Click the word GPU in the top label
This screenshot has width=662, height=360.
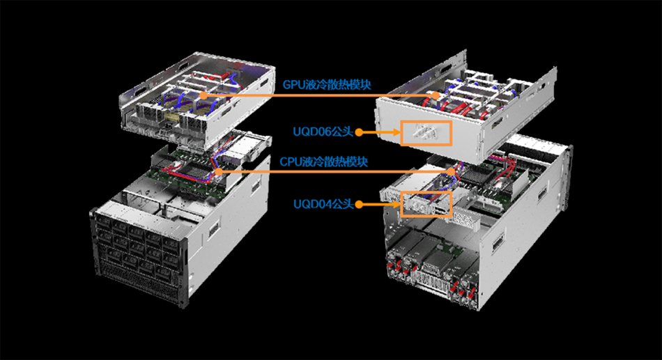coord(293,85)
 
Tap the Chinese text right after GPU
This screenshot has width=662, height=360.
coord(338,84)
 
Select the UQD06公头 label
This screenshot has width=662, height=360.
coord(323,132)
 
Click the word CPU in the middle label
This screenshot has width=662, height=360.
coord(291,162)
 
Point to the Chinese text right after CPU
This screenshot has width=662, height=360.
coord(334,162)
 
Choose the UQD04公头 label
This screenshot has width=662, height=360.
coord(323,204)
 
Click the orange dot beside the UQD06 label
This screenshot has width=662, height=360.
coord(359,132)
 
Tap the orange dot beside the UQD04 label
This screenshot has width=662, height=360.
coord(359,205)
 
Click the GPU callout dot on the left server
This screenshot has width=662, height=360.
coord(203,95)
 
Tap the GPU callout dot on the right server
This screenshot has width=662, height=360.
coord(436,96)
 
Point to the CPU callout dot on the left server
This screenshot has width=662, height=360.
coord(218,171)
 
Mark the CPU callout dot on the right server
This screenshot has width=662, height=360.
coord(452,172)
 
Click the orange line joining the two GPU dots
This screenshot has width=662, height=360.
coord(320,96)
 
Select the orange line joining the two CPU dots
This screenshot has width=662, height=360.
coord(334,172)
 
